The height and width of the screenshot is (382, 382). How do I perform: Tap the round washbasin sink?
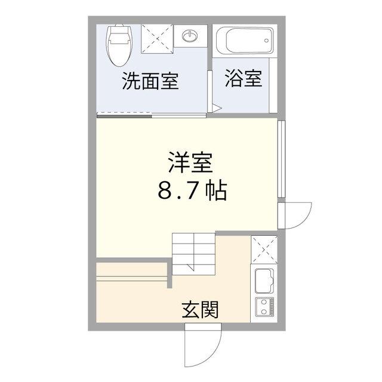click(x=190, y=37)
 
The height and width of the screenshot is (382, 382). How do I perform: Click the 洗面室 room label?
click(x=150, y=81)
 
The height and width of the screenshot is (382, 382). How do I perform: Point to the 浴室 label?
click(x=244, y=79)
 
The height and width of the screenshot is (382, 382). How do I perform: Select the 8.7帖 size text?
click(x=192, y=190)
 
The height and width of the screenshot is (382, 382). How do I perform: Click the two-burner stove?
click(x=264, y=307)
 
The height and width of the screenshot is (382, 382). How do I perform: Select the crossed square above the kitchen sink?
click(x=264, y=249)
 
